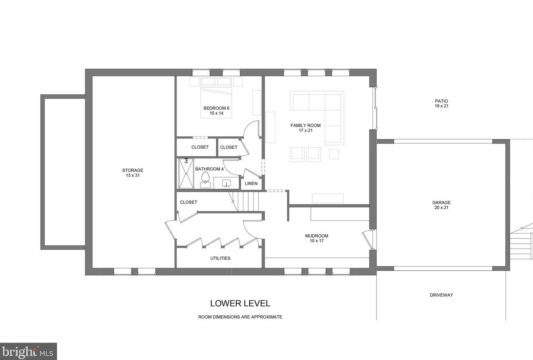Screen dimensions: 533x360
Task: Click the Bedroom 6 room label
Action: (216, 111)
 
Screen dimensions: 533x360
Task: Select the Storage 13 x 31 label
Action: (132, 173)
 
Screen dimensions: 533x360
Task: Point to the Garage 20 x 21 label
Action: (442, 205)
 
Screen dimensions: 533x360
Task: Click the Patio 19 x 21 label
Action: (442, 104)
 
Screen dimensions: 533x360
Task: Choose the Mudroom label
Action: (317, 238)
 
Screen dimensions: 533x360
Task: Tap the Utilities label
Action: (220, 258)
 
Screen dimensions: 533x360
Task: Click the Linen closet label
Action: (251, 183)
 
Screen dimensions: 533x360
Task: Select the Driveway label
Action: (442, 295)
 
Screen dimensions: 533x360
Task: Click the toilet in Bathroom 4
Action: (205, 180)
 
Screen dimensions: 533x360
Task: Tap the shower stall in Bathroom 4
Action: (186, 173)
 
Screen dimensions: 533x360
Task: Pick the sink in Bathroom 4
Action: (226, 183)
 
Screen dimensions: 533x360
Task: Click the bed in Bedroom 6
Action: (216, 98)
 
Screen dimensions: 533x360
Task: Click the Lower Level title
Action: (240, 303)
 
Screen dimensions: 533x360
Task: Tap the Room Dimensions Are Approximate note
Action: (240, 317)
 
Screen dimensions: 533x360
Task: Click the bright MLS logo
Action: (28, 351)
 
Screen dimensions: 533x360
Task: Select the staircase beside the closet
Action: (245, 202)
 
